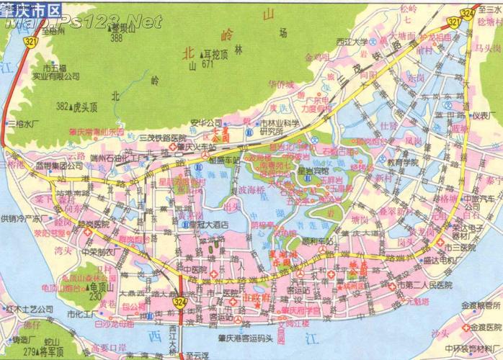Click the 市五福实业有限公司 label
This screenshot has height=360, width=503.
pos(56,73)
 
